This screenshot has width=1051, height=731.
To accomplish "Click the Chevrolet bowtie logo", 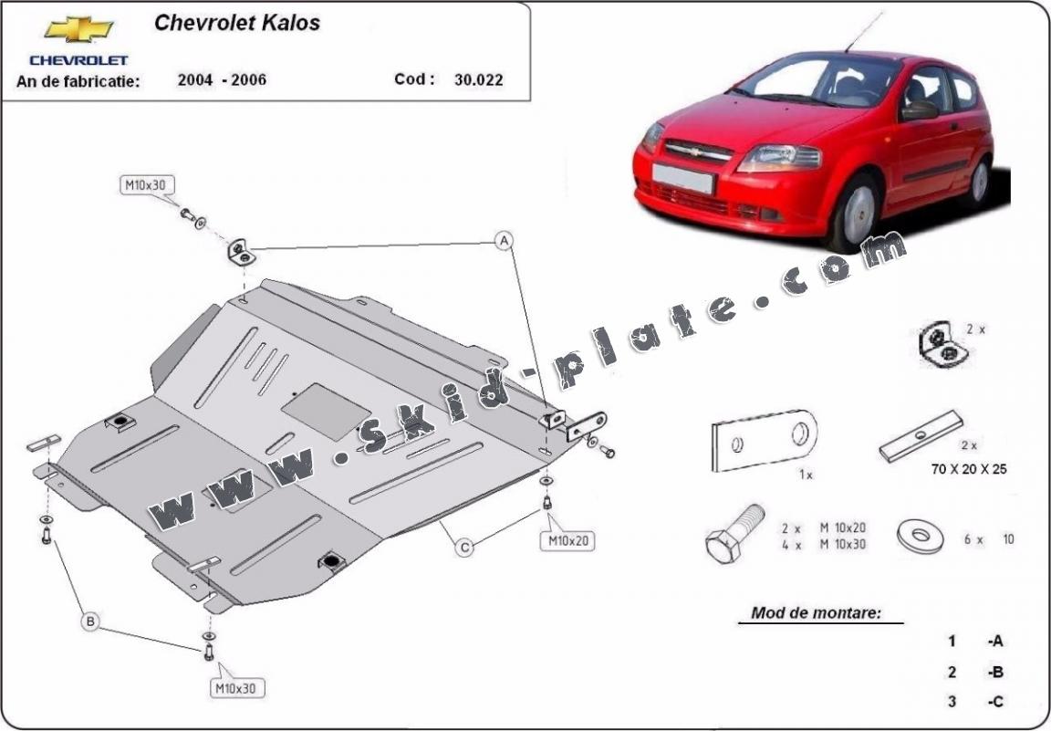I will pos(78,30).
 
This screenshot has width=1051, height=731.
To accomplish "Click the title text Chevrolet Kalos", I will pos(236,23).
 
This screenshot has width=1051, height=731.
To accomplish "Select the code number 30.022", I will pos(478,80).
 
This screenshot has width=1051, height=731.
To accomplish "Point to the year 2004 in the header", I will pos(196,79).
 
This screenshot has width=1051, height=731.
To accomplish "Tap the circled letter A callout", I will pos(503,241).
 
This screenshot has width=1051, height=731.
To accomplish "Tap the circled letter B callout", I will pos(90,622).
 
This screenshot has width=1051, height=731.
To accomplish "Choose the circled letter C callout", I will pos(464,547).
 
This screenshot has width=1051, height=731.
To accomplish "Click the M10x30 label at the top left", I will pos(145,186).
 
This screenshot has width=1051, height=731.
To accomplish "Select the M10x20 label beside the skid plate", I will pos(569,541).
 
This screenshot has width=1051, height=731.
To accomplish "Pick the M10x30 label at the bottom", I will pos(234,687).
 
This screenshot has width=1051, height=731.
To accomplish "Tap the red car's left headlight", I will pos(779,158).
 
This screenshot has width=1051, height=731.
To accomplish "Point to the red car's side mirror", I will pos(920,110).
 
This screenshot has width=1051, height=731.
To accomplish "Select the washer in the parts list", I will pos(923,537).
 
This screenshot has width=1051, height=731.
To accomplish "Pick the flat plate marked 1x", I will pos(763,442).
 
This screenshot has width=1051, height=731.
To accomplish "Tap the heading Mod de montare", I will pos(816,612).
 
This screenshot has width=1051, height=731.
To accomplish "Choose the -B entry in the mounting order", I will pos(994,673).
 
